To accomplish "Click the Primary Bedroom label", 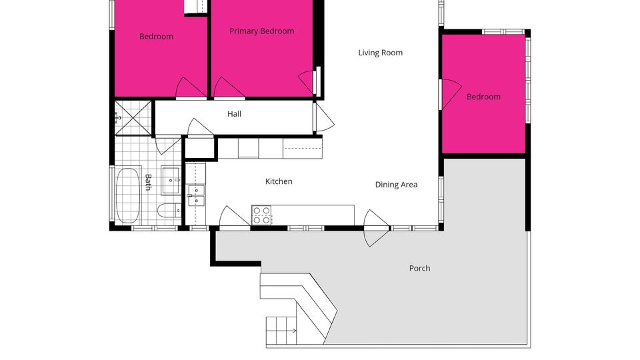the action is tap(261, 31).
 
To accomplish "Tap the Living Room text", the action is tap(381, 53).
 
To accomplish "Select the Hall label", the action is tap(234, 114).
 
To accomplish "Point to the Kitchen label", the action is tap(279, 181).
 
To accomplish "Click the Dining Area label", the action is tap(396, 185).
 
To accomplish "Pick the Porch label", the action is tap(419, 268).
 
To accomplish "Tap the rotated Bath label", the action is tap(148, 182).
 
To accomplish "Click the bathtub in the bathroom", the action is tap(128, 195).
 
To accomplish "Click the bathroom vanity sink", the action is tap(171, 180).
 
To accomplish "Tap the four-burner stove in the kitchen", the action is tap(261, 215).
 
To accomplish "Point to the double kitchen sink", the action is tap(196, 195).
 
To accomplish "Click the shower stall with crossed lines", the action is tap(133, 118).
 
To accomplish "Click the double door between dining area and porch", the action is tap(376, 228).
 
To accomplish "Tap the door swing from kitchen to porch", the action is tap(234, 216).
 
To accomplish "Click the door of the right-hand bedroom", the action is tap(450, 94).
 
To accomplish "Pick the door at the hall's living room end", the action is tap(323, 117).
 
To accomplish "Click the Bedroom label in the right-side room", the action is tap(484, 97).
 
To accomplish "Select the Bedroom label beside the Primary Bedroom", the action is tap(156, 37).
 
